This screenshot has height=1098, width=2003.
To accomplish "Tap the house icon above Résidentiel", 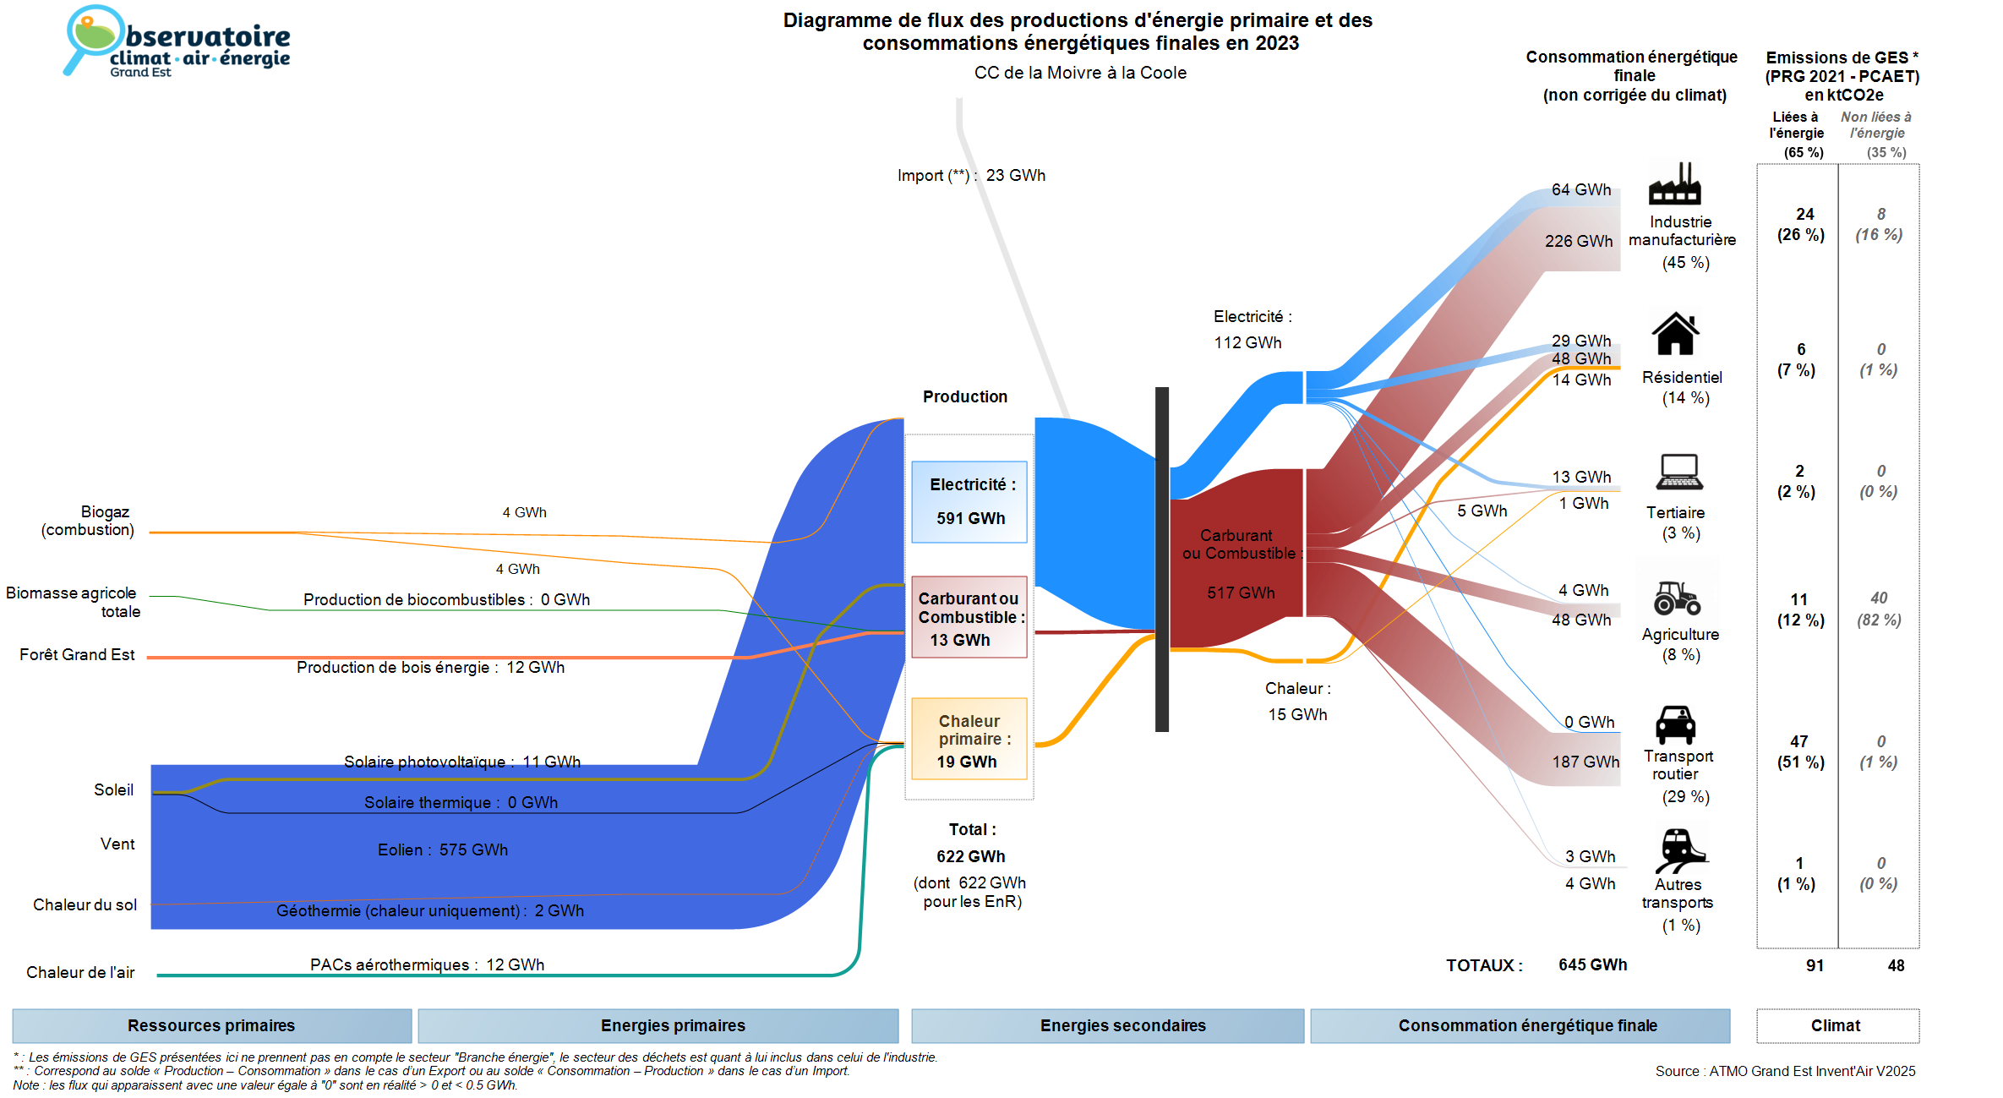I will pyautogui.click(x=1675, y=334).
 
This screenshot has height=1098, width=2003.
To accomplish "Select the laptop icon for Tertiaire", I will pyautogui.click(x=1679, y=472).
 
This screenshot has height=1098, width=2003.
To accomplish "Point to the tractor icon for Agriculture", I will pyautogui.click(x=1677, y=598).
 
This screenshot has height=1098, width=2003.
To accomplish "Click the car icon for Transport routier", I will pyautogui.click(x=1675, y=724).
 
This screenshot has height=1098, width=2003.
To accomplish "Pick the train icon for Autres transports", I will pyautogui.click(x=1679, y=850).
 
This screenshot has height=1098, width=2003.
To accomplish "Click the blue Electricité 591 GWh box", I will pyautogui.click(x=969, y=501).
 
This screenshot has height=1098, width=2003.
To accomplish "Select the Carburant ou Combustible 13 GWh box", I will pyautogui.click(x=969, y=617).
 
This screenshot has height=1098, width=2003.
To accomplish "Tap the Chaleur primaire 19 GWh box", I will pyautogui.click(x=969, y=740).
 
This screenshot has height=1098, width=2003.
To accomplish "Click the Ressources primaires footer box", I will pyautogui.click(x=211, y=1025).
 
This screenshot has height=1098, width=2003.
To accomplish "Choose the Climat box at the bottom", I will pyautogui.click(x=1837, y=1025).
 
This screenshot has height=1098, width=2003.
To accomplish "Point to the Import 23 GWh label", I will pyautogui.click(x=971, y=175).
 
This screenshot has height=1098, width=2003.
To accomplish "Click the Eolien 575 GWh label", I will pyautogui.click(x=443, y=849).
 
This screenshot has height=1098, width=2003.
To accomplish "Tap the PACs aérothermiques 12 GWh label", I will pyautogui.click(x=427, y=964).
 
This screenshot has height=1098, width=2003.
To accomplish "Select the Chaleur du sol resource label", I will pyautogui.click(x=85, y=904).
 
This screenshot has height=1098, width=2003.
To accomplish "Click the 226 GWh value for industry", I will pyautogui.click(x=1578, y=241).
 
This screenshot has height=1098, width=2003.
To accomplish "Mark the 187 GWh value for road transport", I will pyautogui.click(x=1585, y=762).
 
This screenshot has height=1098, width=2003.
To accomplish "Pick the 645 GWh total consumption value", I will pyautogui.click(x=1592, y=964).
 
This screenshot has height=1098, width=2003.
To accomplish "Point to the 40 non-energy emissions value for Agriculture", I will pyautogui.click(x=1879, y=598).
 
